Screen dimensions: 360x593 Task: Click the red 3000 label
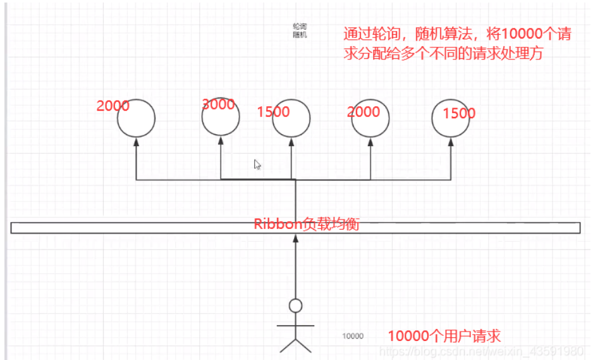tap(218, 104)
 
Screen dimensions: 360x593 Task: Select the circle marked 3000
tap(221, 118)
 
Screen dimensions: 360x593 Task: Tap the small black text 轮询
tap(299, 27)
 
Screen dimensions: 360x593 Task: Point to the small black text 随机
tap(299, 35)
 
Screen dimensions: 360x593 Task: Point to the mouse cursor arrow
tap(257, 164)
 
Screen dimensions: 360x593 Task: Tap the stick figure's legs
tap(296, 344)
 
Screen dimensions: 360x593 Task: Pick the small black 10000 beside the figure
tap(353, 336)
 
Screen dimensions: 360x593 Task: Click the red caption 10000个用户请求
tap(444, 335)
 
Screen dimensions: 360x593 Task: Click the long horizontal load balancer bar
tap(126, 228)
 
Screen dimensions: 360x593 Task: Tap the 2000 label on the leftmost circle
tap(113, 106)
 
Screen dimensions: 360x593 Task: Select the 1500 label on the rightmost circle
tap(459, 114)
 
